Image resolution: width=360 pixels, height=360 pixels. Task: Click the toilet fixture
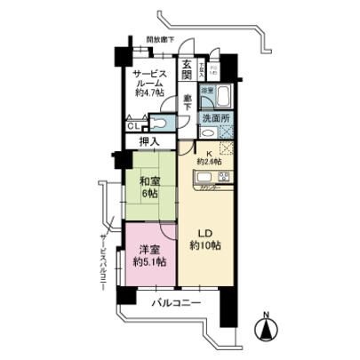click(162, 125)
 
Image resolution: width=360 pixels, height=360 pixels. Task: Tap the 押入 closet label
click(149, 142)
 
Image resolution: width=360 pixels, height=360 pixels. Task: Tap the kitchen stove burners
click(224, 176)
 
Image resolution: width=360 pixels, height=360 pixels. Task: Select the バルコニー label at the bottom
click(173, 303)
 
